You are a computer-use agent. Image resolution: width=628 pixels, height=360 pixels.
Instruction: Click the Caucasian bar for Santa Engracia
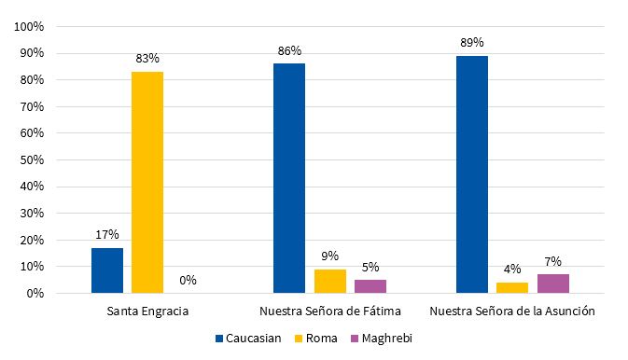(x=107, y=270)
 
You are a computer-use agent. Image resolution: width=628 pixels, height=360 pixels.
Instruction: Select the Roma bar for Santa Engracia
(x=147, y=183)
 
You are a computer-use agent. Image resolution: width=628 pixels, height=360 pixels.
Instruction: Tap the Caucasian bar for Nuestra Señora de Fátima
(x=289, y=178)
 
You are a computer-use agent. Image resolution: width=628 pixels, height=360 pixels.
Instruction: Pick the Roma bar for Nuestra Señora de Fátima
(x=329, y=281)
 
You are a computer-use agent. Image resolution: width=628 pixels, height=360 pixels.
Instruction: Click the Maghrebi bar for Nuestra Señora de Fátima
(x=370, y=286)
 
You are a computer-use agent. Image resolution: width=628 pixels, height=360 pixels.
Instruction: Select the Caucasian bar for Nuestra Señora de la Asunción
(x=472, y=174)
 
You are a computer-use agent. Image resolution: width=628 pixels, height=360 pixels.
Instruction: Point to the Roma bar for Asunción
(x=512, y=287)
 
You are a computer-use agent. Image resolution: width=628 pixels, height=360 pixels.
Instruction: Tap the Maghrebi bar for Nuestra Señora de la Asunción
(x=553, y=284)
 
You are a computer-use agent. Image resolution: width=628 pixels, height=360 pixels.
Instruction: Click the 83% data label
(x=147, y=59)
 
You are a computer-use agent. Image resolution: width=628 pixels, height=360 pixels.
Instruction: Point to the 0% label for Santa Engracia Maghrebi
(x=188, y=280)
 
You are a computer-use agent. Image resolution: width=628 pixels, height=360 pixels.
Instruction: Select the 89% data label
(x=472, y=43)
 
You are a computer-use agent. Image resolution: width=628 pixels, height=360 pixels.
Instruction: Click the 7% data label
(x=553, y=261)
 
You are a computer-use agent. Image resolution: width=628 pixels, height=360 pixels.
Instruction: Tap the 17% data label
(x=107, y=235)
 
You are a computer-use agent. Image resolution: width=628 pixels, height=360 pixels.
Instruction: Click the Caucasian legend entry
(x=248, y=338)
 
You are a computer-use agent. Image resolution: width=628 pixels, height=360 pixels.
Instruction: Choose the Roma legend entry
(x=312, y=338)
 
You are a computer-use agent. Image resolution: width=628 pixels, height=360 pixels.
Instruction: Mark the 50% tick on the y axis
(x=33, y=159)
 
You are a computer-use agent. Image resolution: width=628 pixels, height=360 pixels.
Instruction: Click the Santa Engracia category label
(x=147, y=310)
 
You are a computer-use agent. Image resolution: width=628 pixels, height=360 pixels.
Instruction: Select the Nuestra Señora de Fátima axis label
(x=329, y=310)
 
